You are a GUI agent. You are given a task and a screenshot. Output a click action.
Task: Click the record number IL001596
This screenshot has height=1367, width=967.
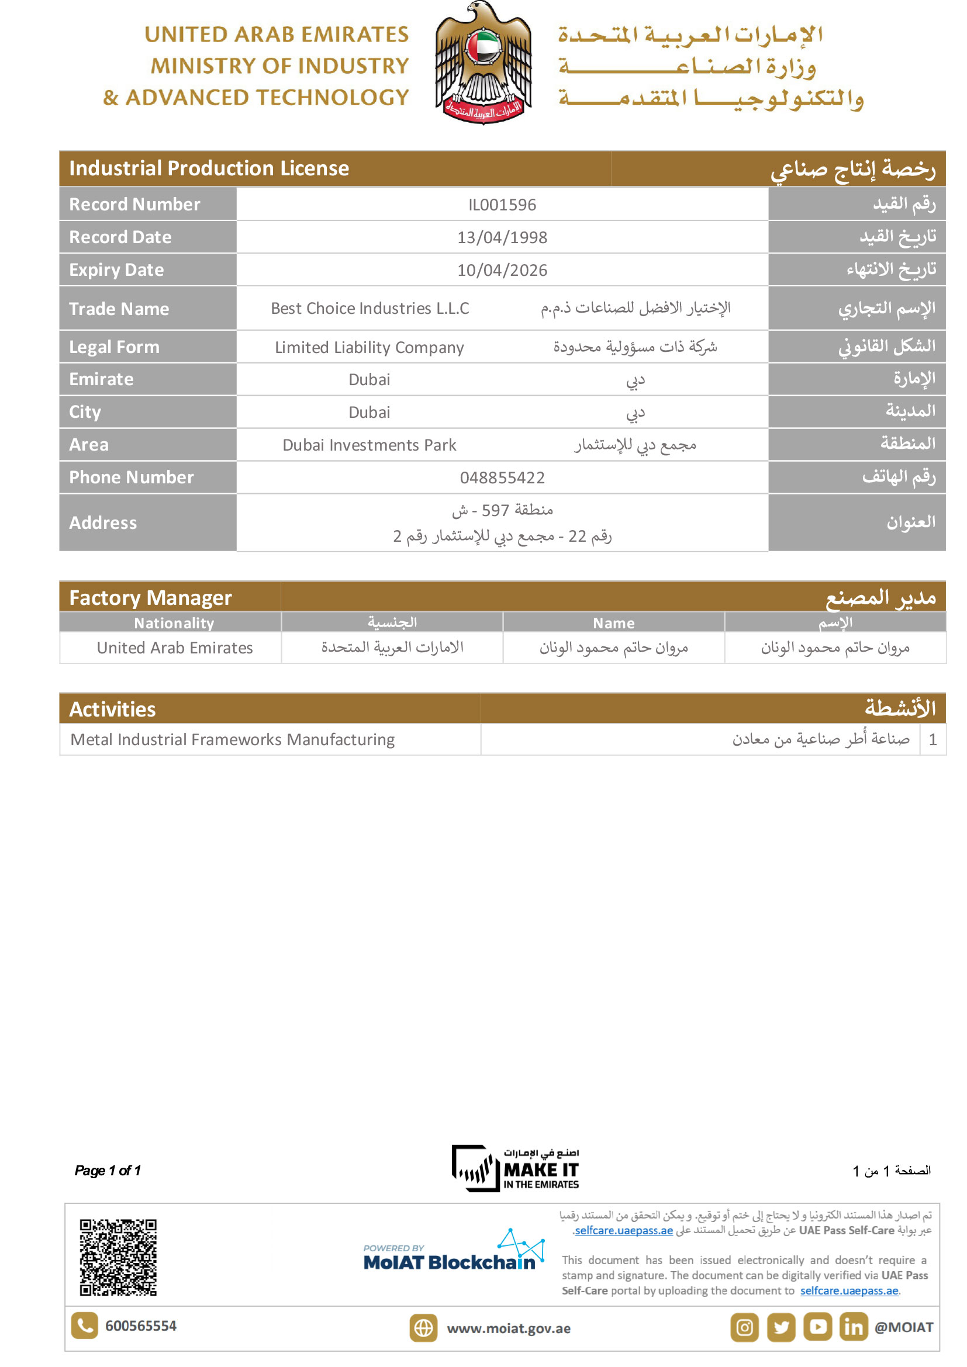(x=502, y=205)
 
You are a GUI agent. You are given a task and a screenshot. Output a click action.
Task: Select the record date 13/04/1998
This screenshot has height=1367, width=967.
(x=502, y=237)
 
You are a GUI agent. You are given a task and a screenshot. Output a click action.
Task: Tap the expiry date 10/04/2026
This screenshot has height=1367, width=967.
(x=502, y=271)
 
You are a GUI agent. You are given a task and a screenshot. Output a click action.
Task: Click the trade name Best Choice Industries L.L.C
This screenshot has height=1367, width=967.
(x=369, y=309)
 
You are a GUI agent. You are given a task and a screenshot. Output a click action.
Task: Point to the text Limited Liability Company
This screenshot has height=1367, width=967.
(x=369, y=347)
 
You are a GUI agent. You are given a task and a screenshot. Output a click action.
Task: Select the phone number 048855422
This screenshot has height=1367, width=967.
(x=502, y=477)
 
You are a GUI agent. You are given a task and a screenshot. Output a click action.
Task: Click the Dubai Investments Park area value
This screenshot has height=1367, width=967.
(x=369, y=445)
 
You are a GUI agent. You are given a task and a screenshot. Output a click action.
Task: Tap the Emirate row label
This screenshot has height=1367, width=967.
(x=101, y=379)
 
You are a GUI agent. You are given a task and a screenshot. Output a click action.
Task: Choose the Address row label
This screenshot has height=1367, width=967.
(x=103, y=522)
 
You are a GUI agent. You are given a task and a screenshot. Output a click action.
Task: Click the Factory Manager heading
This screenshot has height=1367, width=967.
(x=151, y=597)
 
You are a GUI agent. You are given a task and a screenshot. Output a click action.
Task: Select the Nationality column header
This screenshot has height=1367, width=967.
(x=174, y=623)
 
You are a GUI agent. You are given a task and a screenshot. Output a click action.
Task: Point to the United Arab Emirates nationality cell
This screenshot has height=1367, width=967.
(x=174, y=648)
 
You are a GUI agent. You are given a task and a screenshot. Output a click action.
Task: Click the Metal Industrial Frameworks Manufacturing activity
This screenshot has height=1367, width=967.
(x=233, y=739)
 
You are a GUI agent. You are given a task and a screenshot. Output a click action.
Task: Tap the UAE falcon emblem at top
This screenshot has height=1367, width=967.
(x=483, y=63)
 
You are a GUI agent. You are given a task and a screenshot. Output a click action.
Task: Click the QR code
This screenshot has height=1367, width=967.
(x=118, y=1257)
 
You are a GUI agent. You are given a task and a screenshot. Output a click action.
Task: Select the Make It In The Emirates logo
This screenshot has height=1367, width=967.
(x=516, y=1169)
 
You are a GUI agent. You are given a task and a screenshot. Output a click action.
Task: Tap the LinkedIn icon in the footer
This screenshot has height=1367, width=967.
(x=853, y=1328)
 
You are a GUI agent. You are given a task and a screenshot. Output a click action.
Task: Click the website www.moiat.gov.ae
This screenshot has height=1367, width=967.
(x=509, y=1328)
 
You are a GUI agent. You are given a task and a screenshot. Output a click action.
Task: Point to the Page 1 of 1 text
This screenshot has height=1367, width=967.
(x=108, y=1171)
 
